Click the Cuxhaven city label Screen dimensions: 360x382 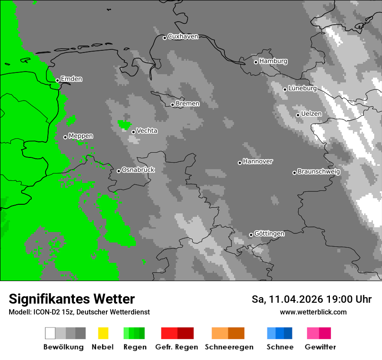point(183,36)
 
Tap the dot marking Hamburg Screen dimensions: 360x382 point(256,62)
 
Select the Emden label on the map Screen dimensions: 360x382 point(71,79)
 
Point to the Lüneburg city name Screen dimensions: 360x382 point(302,88)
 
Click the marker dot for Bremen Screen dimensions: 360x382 point(172,105)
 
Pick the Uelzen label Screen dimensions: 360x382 point(311,114)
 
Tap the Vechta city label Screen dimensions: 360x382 point(147,131)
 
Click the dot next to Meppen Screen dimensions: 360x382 point(65,137)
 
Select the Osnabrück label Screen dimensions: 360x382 point(138,170)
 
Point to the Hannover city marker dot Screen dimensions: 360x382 point(240,163)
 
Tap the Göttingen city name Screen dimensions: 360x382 point(269,233)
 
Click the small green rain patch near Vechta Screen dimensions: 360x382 point(125,124)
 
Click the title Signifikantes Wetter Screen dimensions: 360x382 point(72,299)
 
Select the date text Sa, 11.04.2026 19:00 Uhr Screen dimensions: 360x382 point(311,299)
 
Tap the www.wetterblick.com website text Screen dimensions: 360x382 point(313,312)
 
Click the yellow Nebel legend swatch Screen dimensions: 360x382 point(103,333)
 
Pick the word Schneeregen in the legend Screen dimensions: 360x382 point(229,347)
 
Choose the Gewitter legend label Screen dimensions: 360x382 point(320,347)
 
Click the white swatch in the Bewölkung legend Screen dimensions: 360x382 point(50,333)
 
